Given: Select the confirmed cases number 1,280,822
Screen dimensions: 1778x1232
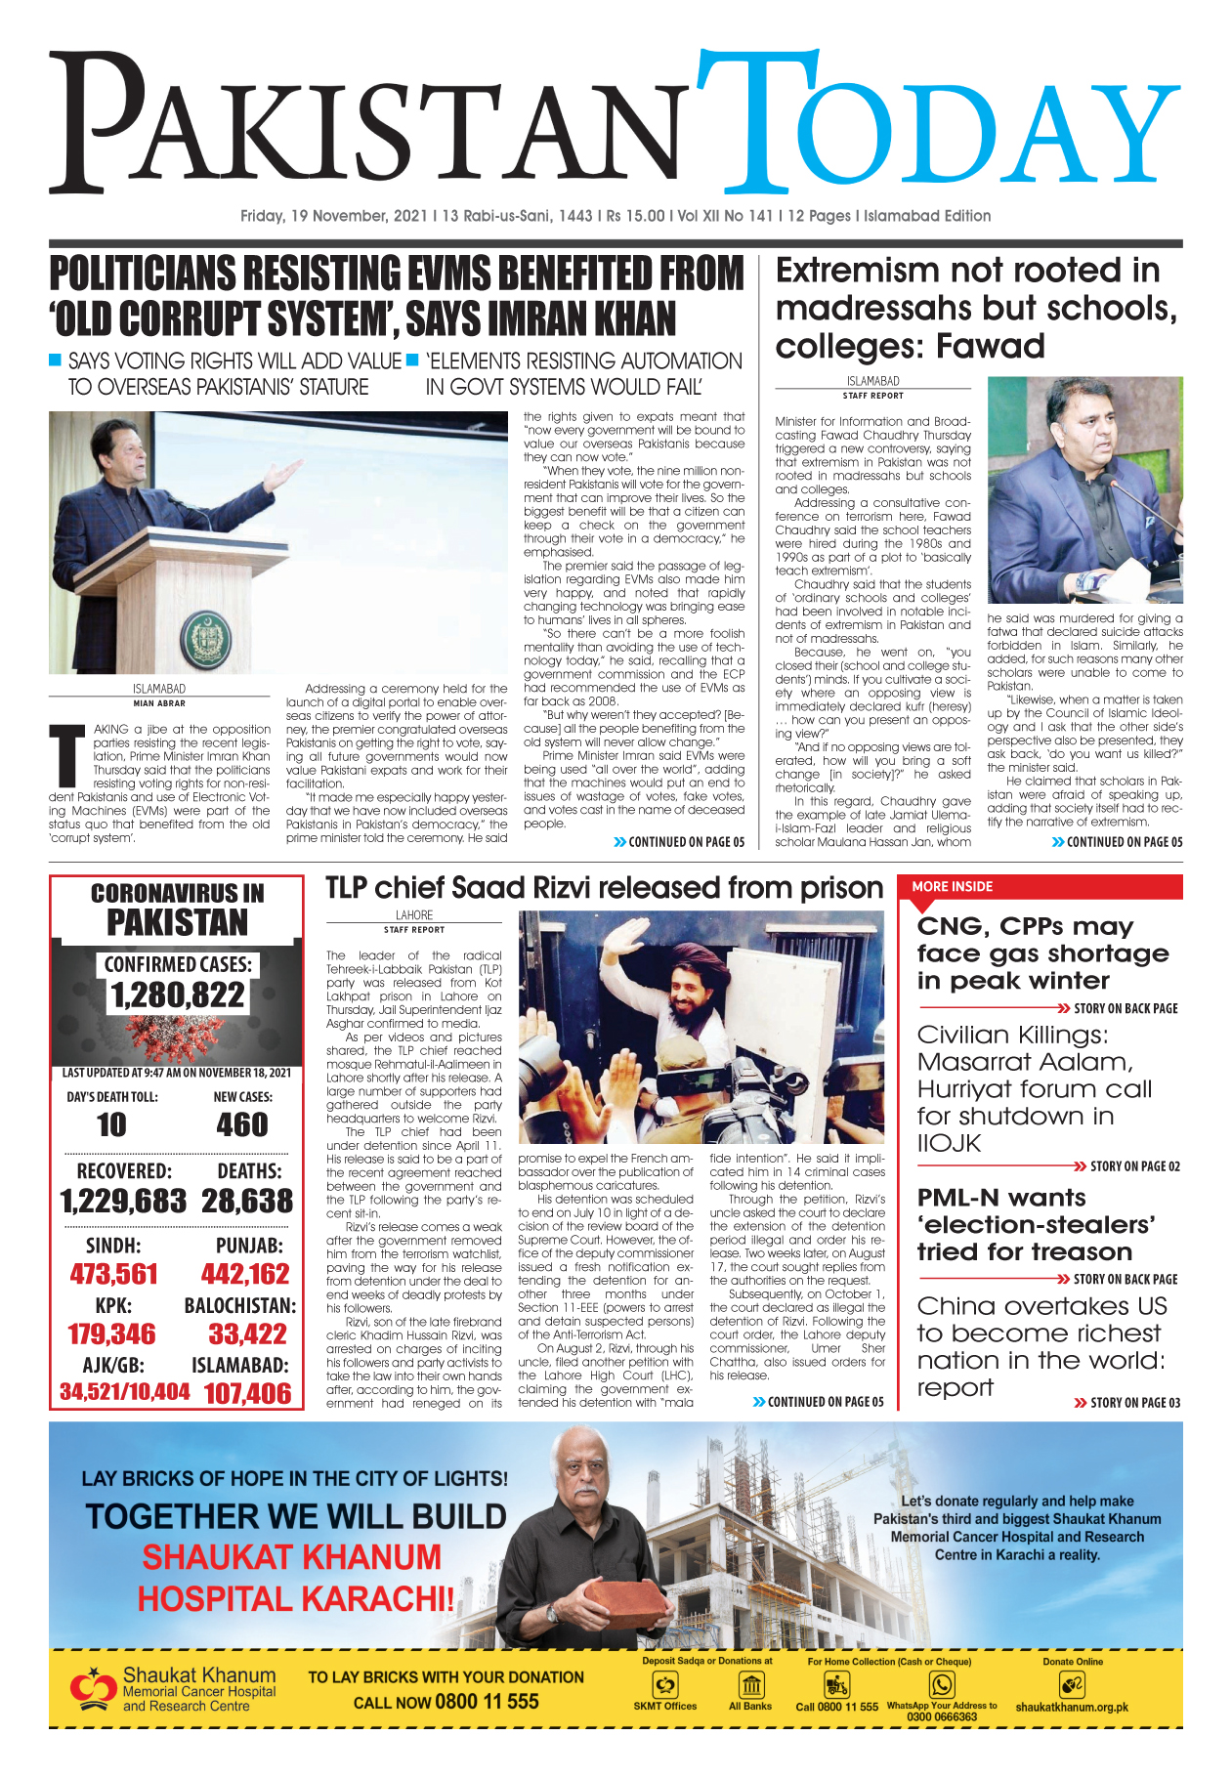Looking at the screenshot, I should (177, 995).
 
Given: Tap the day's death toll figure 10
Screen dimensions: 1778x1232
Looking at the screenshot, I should (111, 1124).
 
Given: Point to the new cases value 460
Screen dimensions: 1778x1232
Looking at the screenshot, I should (241, 1124).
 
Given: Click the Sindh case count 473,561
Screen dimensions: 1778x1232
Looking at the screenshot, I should (113, 1274).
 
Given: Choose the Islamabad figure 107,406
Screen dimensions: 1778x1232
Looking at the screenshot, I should (247, 1393).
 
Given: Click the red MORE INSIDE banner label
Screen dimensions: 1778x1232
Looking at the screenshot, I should (952, 886).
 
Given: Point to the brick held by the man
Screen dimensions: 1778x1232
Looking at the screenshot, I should (625, 1597).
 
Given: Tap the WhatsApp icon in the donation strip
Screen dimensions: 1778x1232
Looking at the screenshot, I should (942, 1684).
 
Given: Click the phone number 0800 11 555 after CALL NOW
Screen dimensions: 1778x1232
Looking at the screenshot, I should (487, 1702).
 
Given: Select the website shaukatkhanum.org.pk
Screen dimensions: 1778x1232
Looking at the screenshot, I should (1071, 1707).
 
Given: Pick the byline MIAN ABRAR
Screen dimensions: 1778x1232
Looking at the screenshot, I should (159, 703).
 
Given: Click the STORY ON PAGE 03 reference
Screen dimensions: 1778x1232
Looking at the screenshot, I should (1133, 1403).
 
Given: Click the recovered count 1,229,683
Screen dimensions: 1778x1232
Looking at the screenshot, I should (123, 1201).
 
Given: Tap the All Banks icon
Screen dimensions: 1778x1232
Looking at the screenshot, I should (751, 1685).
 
